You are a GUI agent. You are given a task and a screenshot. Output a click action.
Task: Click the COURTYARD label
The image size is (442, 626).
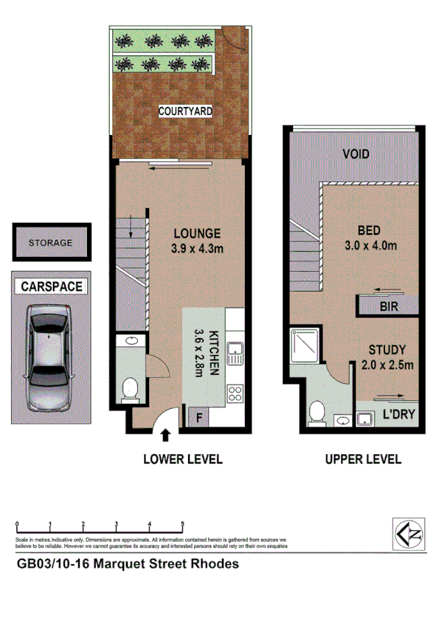point(185,111)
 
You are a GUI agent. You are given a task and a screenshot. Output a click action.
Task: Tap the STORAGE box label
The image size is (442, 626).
point(50,242)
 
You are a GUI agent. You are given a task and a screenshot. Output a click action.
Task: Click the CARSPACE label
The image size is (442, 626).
point(51,286)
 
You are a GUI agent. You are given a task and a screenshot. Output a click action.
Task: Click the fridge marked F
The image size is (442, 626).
point(199,419)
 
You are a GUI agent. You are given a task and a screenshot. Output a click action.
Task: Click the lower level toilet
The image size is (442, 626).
point(131,388)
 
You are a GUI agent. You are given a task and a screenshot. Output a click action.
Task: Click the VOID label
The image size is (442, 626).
point(356,154)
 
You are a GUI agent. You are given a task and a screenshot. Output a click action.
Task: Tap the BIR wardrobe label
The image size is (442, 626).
point(388,305)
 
